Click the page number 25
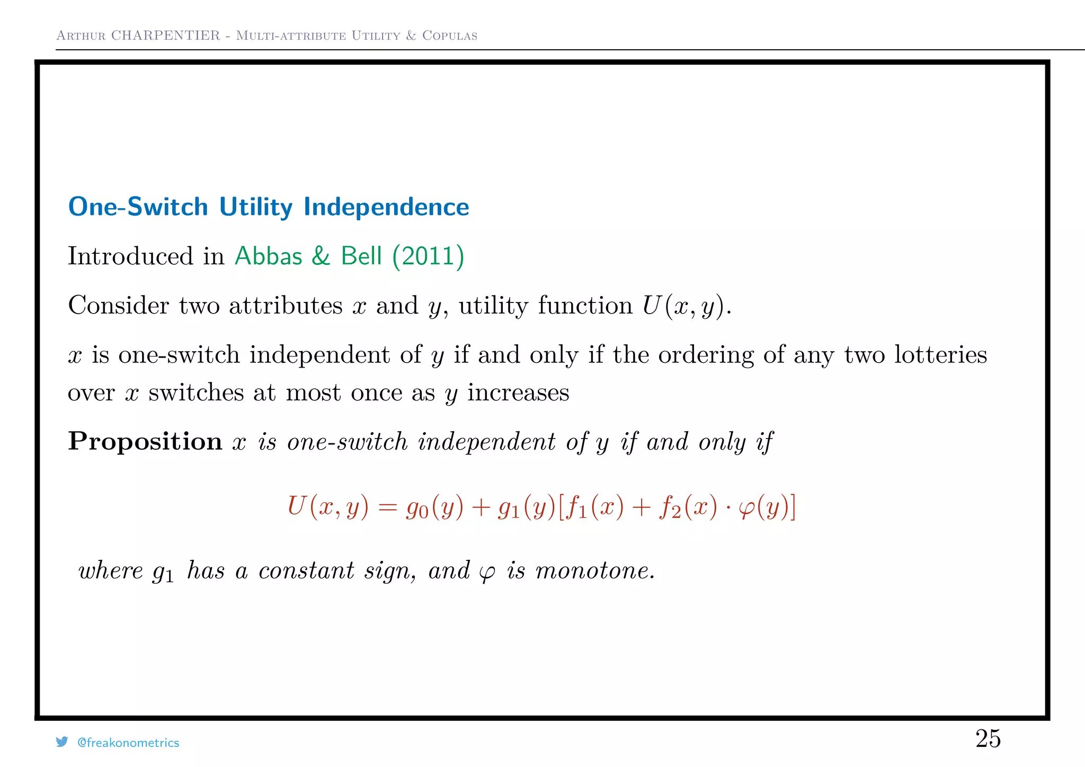click(x=988, y=738)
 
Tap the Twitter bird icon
click(x=62, y=742)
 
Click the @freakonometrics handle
click(x=128, y=743)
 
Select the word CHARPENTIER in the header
click(x=165, y=35)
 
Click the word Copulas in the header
click(x=450, y=35)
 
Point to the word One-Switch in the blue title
click(x=138, y=207)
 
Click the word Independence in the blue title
click(x=386, y=207)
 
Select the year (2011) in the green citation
click(x=428, y=256)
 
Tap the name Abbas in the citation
click(x=269, y=256)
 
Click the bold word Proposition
click(x=145, y=441)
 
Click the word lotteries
click(x=941, y=354)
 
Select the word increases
click(x=518, y=393)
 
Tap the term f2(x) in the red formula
click(x=688, y=507)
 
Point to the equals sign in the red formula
click(x=387, y=507)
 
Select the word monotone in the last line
click(x=594, y=570)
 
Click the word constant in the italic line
click(x=306, y=570)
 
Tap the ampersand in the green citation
click(x=321, y=256)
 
